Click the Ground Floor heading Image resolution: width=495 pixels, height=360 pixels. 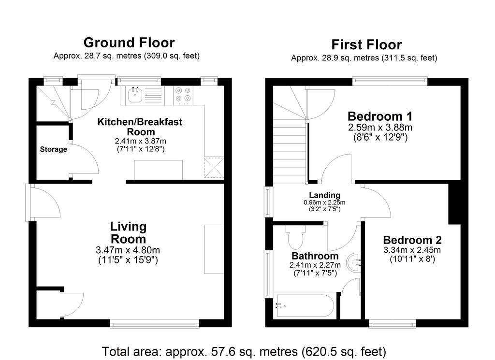(x=129, y=43)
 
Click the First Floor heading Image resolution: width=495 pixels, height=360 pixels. (x=366, y=44)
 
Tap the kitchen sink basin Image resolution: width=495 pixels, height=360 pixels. (x=135, y=94)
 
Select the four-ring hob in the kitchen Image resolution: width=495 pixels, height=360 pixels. (x=183, y=95)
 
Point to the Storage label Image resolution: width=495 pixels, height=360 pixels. (x=53, y=149)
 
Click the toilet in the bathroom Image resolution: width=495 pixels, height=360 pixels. (x=295, y=237)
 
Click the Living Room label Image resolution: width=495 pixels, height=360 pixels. (x=128, y=232)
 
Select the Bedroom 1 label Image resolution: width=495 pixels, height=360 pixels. (x=380, y=116)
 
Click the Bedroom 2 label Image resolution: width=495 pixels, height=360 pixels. (x=412, y=240)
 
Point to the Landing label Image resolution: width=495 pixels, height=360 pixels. (x=324, y=195)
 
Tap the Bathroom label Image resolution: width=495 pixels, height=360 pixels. (x=315, y=256)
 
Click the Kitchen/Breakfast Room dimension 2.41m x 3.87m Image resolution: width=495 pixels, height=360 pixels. (x=141, y=141)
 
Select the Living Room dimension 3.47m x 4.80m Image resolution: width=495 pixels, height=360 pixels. (x=128, y=250)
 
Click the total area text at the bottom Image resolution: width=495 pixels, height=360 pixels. (x=244, y=351)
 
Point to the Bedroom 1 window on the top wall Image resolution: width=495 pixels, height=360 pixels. (x=390, y=82)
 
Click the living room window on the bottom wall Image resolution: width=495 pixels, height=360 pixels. (x=155, y=323)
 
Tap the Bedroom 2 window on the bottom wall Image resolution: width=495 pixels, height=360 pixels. (x=393, y=323)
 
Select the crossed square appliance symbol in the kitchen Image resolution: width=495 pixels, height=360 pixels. (x=214, y=168)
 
